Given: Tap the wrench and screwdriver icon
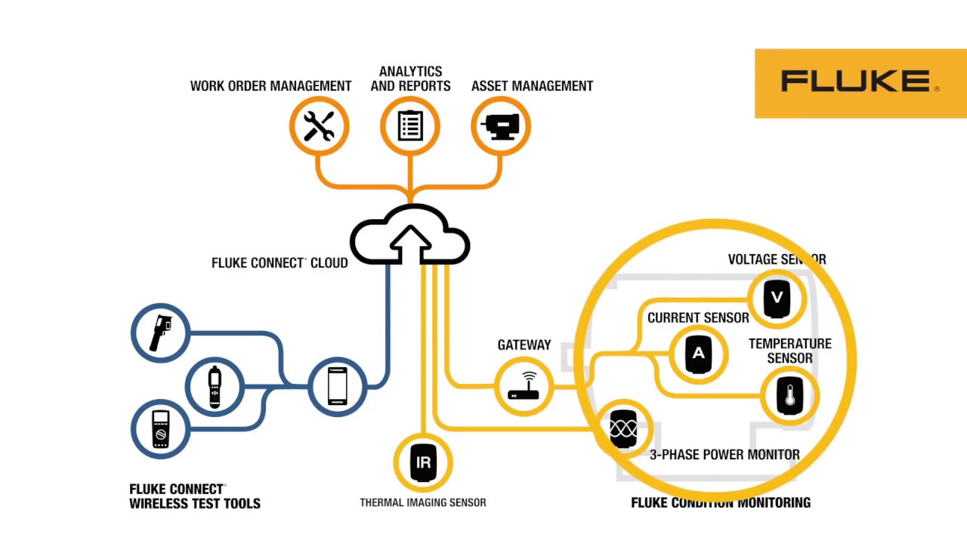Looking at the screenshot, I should pos(319,126).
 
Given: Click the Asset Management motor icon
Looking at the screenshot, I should pos(501,126).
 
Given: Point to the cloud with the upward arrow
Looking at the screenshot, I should pos(410,236).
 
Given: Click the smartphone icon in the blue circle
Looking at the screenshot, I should pos(338,386).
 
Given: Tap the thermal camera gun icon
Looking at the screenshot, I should pos(160,333).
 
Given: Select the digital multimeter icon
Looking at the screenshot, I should pos(160,429).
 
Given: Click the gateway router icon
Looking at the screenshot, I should pos(524,386).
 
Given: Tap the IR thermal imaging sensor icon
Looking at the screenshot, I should pos(423,462).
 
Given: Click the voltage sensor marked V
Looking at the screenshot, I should pos(777,299).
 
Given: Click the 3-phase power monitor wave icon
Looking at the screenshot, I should pos(623,428).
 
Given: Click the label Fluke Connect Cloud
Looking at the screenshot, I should pos(280,263).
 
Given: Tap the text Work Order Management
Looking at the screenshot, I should pos(270,86).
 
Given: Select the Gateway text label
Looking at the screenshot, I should pos(524,345).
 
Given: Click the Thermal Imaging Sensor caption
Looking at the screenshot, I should pos(422,502).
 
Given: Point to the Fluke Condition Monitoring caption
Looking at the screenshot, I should pos(720,502).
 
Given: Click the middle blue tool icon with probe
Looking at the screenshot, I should pos(215,386).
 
